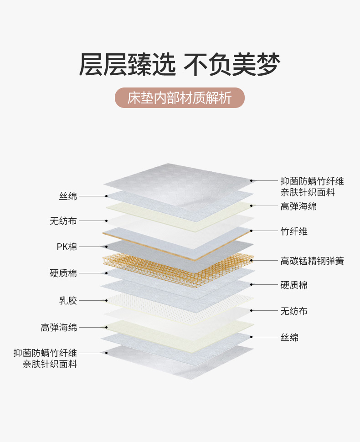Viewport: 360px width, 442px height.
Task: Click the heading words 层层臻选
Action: [x=127, y=65]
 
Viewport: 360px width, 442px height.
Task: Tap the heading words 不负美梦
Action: [x=232, y=65]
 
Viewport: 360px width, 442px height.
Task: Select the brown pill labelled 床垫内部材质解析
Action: [x=180, y=98]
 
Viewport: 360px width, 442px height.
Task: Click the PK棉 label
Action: [x=67, y=247]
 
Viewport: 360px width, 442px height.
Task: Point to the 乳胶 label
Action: [x=68, y=300]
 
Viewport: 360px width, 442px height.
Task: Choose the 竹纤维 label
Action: [x=294, y=231]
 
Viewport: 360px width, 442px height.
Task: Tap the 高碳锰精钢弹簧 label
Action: [x=312, y=261]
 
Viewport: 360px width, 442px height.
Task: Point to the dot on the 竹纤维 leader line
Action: [x=251, y=231]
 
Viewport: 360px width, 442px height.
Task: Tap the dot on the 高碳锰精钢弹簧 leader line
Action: [x=251, y=261]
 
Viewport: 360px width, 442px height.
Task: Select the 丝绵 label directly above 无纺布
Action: [x=68, y=196]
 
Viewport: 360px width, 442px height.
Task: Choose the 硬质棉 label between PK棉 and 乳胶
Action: [x=63, y=273]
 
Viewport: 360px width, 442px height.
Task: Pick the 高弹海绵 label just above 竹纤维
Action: [x=298, y=206]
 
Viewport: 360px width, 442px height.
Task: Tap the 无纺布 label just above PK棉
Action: [x=63, y=221]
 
